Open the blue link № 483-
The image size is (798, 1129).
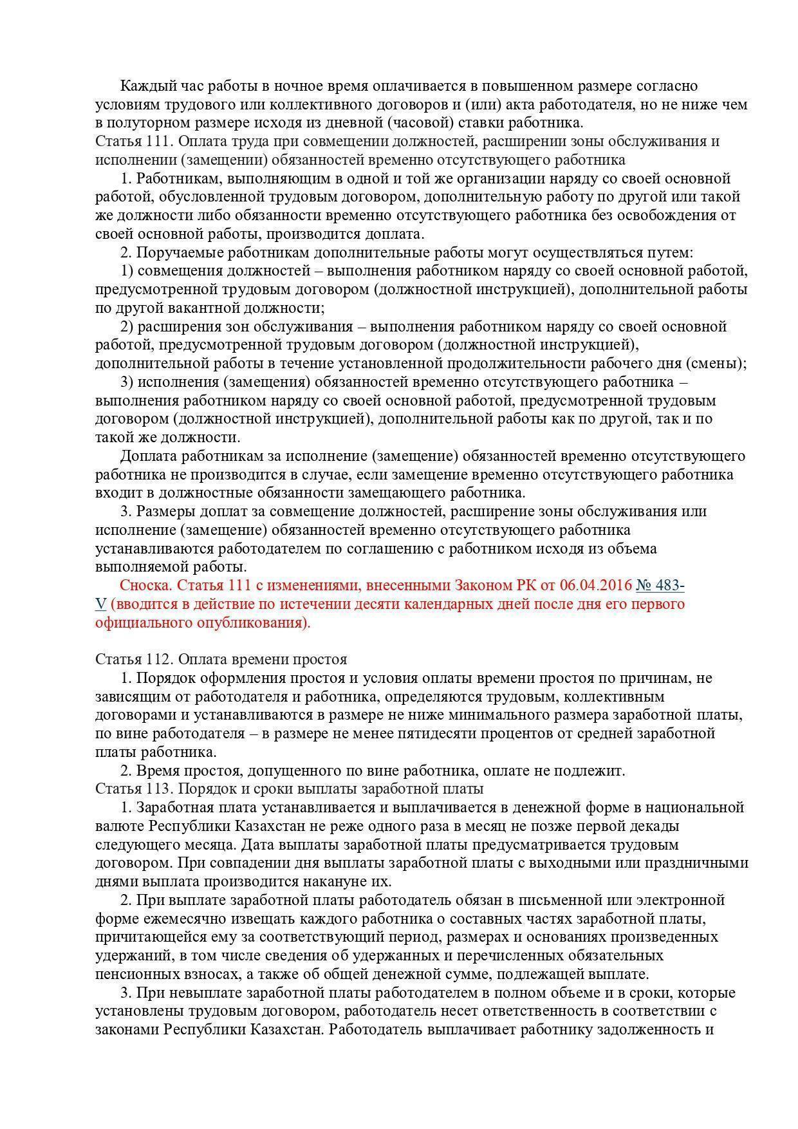(660, 585)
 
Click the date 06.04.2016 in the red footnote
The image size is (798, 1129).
(595, 585)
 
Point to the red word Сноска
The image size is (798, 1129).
(145, 585)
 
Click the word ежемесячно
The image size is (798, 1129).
(177, 918)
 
